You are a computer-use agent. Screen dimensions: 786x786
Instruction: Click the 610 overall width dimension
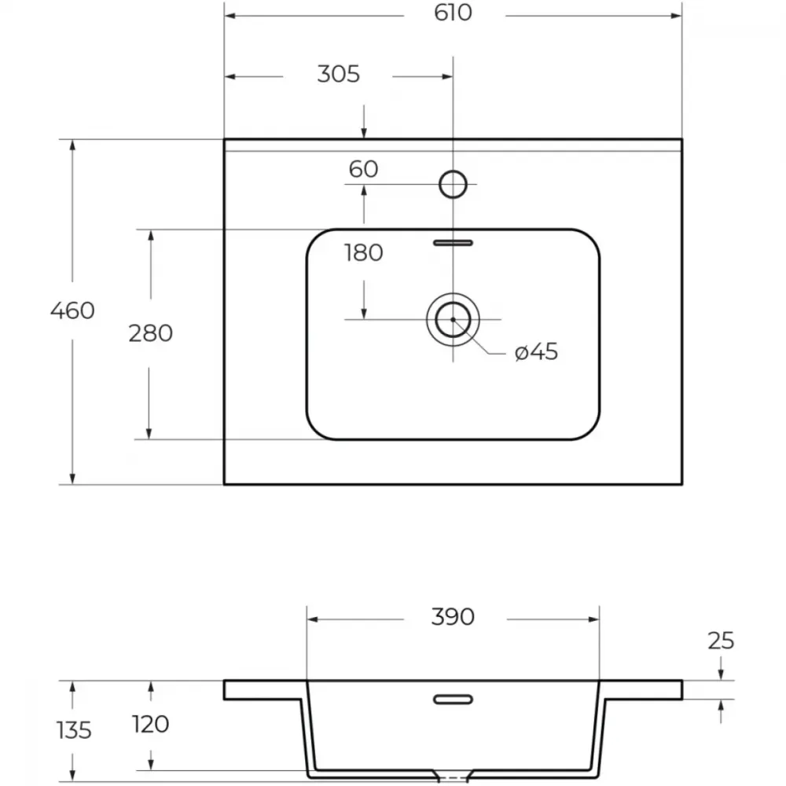[x=453, y=13]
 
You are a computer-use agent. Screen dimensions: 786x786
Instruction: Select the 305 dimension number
[x=338, y=75]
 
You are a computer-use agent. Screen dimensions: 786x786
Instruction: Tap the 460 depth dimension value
[x=72, y=310]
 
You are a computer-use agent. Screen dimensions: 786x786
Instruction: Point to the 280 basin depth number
[x=150, y=333]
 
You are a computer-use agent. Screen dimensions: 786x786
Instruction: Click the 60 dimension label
[x=363, y=170]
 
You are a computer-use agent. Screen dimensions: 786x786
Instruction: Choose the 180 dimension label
[x=363, y=252]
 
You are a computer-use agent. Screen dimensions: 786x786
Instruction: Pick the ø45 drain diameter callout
[x=536, y=352]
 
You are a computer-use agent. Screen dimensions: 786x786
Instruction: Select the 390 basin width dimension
[x=453, y=617]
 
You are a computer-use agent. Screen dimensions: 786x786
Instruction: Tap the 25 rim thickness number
[x=721, y=641]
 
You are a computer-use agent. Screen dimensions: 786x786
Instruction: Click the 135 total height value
[x=74, y=730]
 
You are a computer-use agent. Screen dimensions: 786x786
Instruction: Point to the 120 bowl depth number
[x=150, y=725]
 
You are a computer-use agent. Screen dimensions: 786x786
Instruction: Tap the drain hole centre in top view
[x=454, y=319]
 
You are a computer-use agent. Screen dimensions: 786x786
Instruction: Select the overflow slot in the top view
[x=454, y=243]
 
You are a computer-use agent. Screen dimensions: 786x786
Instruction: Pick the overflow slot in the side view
[x=454, y=700]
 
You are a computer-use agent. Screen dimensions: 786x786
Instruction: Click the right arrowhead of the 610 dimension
[x=677, y=16]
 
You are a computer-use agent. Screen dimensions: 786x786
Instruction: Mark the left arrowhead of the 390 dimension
[x=312, y=619]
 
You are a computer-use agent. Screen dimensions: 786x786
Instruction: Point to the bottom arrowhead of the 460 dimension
[x=72, y=479]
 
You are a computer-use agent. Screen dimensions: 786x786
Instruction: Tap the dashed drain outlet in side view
[x=454, y=777]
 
